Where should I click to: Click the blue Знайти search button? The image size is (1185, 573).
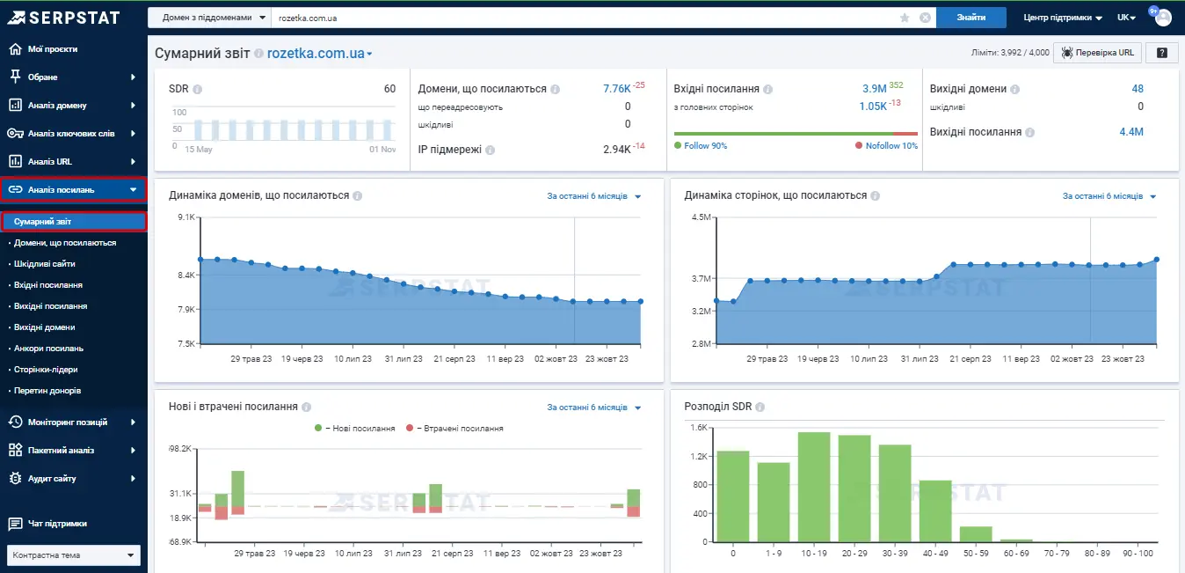(971, 18)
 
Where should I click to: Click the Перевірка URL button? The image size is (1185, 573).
(1097, 53)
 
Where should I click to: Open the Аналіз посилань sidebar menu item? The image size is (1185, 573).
(74, 189)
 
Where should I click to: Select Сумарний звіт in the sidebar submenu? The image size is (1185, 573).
(74, 221)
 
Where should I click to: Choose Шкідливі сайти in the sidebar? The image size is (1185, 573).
(45, 264)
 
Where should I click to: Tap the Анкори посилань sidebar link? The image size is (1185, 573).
(48, 349)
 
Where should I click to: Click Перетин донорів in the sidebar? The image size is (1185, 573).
(47, 391)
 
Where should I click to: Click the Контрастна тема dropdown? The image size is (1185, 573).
(74, 555)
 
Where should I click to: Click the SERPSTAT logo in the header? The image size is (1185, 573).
(63, 18)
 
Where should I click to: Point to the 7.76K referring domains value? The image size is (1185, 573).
(617, 89)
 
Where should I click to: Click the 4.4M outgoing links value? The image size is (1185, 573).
(1131, 132)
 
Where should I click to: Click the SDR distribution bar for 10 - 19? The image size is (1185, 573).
(814, 488)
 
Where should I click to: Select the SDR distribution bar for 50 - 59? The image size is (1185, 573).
(976, 533)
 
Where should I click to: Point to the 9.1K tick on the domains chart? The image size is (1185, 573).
(186, 217)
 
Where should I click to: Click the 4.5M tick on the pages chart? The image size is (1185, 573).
(702, 217)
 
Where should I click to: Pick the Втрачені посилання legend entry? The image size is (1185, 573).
(454, 429)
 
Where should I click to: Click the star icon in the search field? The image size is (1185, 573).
(905, 18)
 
